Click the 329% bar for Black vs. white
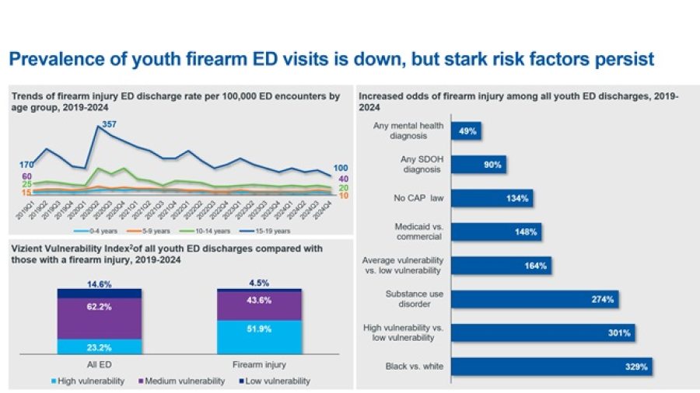click(x=551, y=366)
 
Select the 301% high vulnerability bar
click(x=542, y=332)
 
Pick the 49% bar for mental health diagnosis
click(x=467, y=130)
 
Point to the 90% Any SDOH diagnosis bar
click(x=479, y=165)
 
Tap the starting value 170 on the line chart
click(x=26, y=165)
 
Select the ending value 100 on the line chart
click(x=340, y=168)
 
